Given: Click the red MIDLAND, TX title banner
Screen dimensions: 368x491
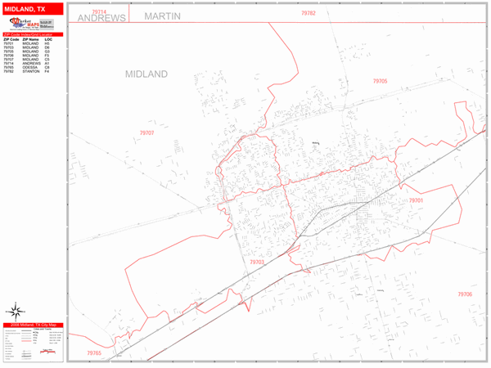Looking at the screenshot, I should [32, 8].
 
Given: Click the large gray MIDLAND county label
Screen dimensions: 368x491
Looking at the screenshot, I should [146, 74].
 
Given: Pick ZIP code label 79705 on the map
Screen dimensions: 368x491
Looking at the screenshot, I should [380, 81].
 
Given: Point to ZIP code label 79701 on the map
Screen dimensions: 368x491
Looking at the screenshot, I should [417, 200].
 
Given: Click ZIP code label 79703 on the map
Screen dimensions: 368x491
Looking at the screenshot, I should [257, 262].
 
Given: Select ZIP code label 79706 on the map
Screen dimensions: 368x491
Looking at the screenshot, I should [465, 294].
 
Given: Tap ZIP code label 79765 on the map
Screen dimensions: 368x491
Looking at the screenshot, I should [94, 353].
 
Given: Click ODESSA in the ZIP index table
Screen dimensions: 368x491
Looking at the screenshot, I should [30, 68].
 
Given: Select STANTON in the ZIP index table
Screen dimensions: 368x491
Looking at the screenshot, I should [31, 72].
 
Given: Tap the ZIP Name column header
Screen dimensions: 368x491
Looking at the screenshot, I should [30, 39].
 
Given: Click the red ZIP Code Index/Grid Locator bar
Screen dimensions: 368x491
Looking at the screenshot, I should [32, 34].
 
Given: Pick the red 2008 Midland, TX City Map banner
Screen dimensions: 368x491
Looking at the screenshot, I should [32, 325].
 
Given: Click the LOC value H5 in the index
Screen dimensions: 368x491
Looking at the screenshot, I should [47, 43].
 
